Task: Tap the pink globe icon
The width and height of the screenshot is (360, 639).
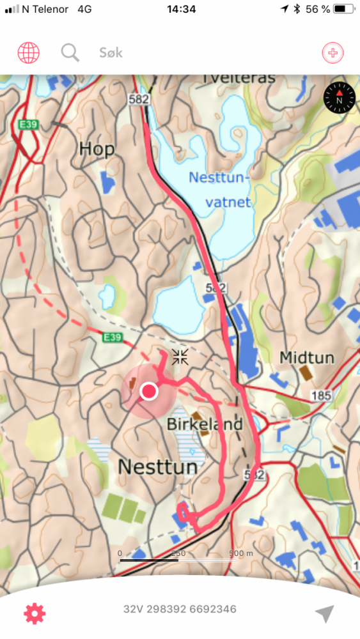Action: (28, 52)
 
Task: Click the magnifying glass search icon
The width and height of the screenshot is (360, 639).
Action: (70, 52)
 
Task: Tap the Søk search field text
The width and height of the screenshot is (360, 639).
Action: (111, 53)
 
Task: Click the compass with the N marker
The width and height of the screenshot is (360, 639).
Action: (338, 98)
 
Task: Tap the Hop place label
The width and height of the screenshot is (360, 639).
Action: (97, 150)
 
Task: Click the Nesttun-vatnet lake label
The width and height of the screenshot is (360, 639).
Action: (221, 189)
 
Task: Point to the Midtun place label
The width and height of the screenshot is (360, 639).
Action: (307, 358)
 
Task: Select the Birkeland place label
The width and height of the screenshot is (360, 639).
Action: (205, 424)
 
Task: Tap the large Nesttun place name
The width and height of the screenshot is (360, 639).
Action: (157, 467)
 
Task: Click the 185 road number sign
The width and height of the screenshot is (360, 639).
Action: (321, 396)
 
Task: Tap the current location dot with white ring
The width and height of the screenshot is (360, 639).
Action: (149, 391)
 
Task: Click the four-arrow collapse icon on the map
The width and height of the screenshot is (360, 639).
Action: (180, 357)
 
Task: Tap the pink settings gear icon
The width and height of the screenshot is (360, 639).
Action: (35, 613)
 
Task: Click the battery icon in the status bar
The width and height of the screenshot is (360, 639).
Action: (343, 9)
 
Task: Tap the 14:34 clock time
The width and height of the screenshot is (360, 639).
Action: (181, 9)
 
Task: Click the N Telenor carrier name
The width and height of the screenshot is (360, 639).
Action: (45, 9)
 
